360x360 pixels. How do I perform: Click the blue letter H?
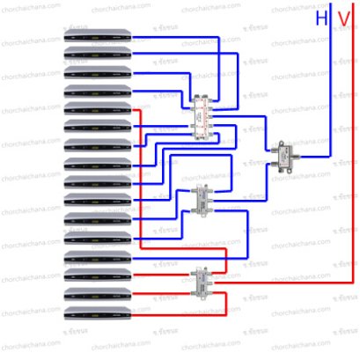pyautogui.click(x=323, y=18)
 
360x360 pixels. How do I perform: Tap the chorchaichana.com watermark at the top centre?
pyautogui.click(x=211, y=9)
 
